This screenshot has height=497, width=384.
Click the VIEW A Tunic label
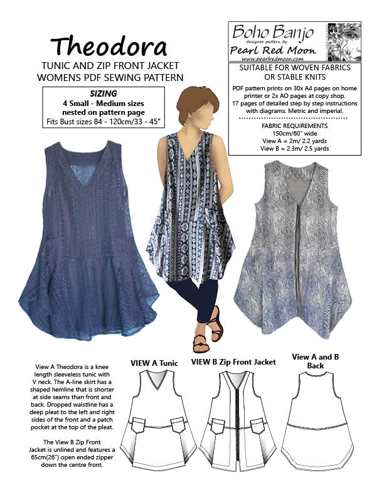(x=154, y=363)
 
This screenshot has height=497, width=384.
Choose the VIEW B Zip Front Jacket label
(x=233, y=362)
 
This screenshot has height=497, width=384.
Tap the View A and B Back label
(x=319, y=361)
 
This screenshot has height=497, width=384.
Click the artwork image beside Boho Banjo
(x=344, y=40)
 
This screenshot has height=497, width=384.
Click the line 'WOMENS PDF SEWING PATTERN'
(x=109, y=78)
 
